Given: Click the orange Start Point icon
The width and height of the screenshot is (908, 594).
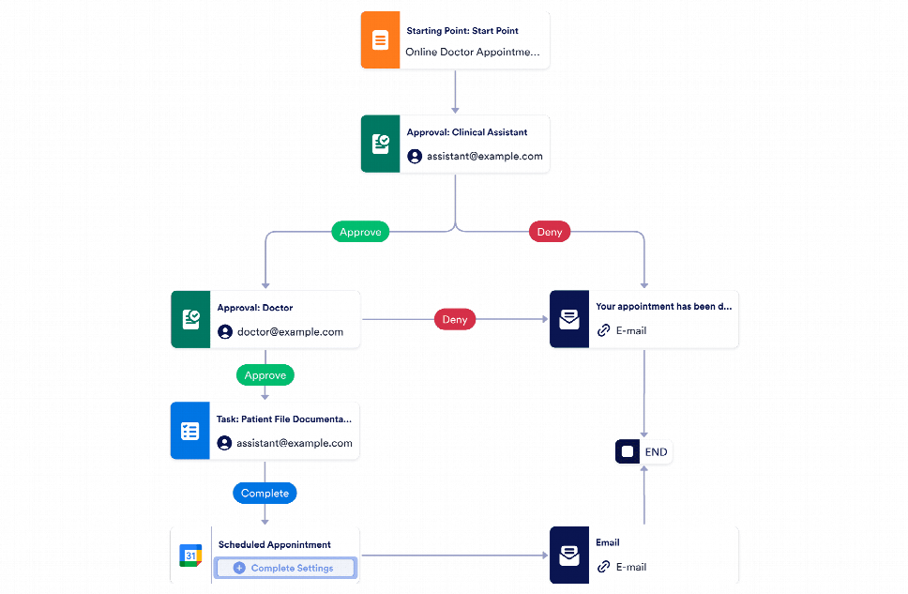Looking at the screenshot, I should click(x=380, y=40).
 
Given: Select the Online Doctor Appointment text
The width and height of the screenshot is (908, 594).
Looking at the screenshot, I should click(x=472, y=53).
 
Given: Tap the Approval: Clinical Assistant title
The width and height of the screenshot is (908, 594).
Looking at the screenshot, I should click(x=466, y=132).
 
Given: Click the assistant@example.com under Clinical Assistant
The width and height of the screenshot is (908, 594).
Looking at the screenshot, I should click(x=484, y=156).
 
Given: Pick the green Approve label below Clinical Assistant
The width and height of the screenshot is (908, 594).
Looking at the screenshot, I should click(x=360, y=232).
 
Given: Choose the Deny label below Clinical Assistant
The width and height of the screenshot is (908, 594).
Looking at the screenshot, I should click(x=549, y=232).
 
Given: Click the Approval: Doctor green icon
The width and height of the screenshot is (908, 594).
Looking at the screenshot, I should click(x=190, y=320).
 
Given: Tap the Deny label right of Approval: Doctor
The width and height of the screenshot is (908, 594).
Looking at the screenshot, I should click(x=455, y=319).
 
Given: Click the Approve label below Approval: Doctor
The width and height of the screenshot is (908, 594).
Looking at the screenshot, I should click(x=265, y=374).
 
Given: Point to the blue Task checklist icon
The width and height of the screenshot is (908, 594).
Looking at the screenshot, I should click(x=190, y=431).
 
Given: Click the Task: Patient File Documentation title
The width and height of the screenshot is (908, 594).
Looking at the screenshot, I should click(x=284, y=419).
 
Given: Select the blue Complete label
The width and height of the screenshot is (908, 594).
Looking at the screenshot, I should click(x=265, y=493).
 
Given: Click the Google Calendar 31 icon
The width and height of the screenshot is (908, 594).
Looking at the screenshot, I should click(x=190, y=556).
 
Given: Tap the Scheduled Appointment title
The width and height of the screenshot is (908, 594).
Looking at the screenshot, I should click(x=274, y=544).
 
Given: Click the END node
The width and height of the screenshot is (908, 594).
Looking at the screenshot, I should click(x=643, y=451).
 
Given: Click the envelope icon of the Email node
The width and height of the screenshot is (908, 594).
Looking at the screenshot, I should click(x=568, y=556).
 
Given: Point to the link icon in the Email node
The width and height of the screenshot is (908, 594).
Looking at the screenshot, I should click(x=604, y=567).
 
